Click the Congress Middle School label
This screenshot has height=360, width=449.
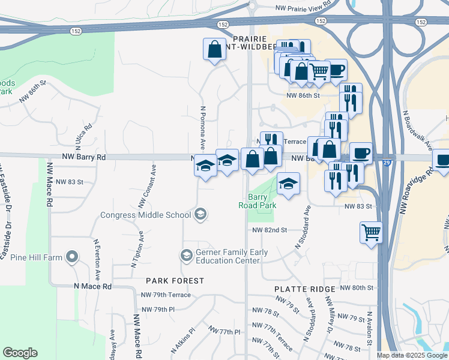146,215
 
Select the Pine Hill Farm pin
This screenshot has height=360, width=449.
72,258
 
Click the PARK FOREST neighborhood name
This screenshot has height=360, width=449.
175,280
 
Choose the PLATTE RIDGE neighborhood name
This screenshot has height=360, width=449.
304,289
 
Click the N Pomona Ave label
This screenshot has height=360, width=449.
202,128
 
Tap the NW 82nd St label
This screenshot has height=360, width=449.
270,230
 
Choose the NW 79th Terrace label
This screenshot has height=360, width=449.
166,295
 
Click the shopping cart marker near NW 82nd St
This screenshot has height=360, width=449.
372,232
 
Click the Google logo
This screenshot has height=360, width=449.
20,353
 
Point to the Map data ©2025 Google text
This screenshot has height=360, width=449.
411,355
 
